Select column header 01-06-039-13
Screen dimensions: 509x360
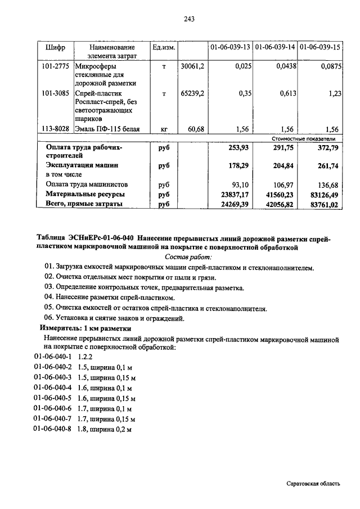[x=230, y=47]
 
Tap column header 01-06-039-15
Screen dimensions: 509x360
[x=321, y=47]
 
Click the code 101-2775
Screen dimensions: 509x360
[x=55, y=66]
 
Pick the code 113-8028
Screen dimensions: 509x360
[x=55, y=129]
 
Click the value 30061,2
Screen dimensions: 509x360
[x=193, y=66]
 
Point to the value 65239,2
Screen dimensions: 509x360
[x=193, y=94]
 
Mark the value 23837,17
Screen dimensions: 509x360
[x=233, y=194]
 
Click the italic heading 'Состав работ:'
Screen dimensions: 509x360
[x=188, y=256]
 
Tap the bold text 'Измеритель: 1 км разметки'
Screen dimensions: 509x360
[x=85, y=328]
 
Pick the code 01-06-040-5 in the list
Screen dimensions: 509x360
[x=53, y=398]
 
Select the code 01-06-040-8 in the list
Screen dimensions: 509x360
[x=53, y=429]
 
